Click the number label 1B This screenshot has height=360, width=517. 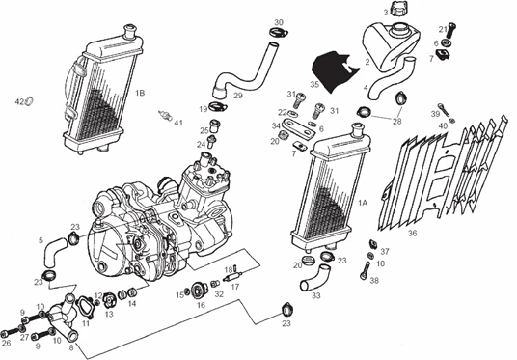point(140,93)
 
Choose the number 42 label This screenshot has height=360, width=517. point(18,101)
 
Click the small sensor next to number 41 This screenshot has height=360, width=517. point(163,116)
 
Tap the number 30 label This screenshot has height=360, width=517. point(279,22)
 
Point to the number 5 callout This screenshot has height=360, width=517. point(41,239)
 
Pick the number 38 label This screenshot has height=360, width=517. point(374,283)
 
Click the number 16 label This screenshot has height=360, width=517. point(202,304)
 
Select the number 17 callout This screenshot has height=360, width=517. point(235,287)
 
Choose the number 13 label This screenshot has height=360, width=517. point(109,314)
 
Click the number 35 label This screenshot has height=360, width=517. point(314,85)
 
